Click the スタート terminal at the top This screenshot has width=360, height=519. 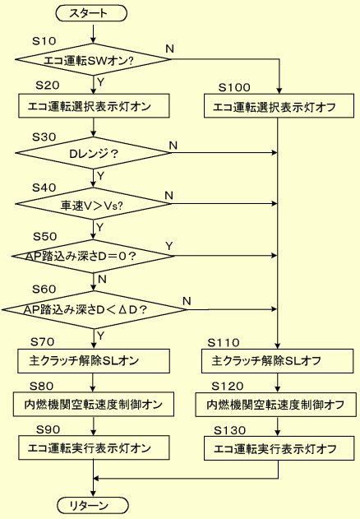click(92, 13)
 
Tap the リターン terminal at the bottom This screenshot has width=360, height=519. click(93, 506)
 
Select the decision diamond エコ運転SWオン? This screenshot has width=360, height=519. click(93, 60)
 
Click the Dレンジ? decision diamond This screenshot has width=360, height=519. click(93, 153)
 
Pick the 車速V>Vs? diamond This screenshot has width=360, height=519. click(93, 204)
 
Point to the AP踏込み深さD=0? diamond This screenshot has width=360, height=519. click(93, 256)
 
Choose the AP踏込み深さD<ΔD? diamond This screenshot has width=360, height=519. click(95, 310)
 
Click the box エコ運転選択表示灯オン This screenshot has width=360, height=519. click(94, 106)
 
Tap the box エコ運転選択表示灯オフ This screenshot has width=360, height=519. click(279, 106)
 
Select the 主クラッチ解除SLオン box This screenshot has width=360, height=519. click(94, 361)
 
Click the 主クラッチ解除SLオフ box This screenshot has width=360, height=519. click(277, 361)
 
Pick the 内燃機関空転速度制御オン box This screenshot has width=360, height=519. click(94, 404)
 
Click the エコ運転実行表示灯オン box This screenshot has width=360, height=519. click(94, 447)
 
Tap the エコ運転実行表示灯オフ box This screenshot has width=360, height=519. click(279, 448)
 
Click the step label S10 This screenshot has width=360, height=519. click(44, 41)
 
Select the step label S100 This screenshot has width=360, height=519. click(234, 88)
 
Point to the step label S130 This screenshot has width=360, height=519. click(230, 430)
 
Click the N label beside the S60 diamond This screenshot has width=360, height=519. click(187, 301)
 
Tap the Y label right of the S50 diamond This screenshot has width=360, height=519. click(169, 246)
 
